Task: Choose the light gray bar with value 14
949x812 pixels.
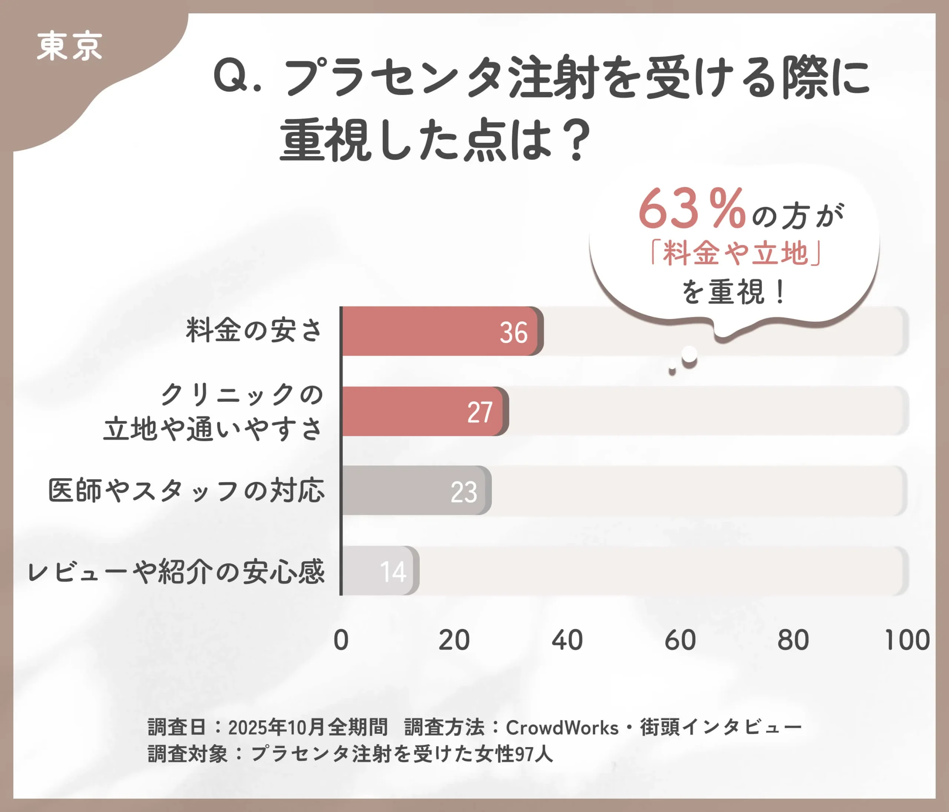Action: click(380, 571)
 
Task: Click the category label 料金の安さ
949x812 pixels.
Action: click(254, 330)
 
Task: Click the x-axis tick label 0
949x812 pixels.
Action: click(341, 640)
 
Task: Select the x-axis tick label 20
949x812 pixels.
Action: click(454, 640)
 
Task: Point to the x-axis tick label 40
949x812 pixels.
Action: click(567, 640)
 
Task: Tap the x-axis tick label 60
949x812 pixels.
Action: click(680, 640)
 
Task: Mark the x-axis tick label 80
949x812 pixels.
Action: click(793, 640)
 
